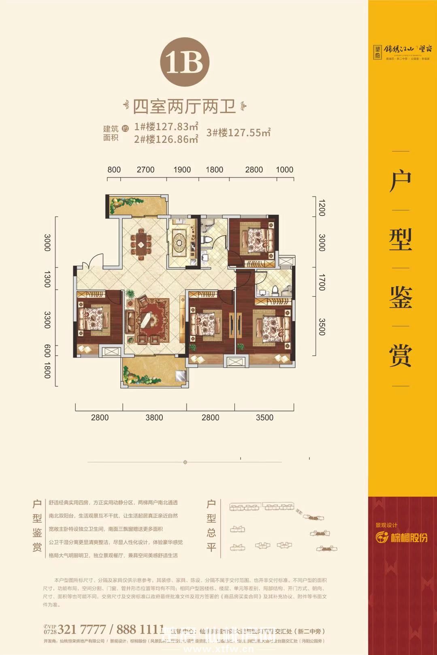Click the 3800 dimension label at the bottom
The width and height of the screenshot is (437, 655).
point(154,418)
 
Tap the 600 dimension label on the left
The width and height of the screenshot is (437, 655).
point(47,350)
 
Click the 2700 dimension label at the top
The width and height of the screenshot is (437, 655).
point(145,170)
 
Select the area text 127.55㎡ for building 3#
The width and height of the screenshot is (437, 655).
point(239,132)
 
